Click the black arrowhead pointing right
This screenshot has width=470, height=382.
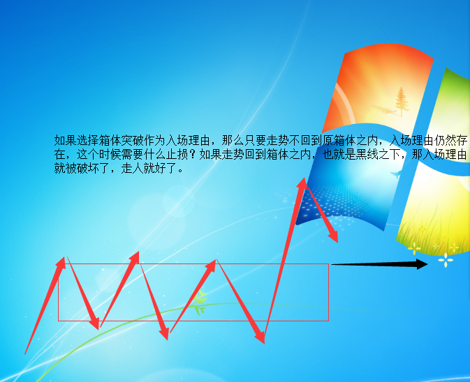[x=422, y=264]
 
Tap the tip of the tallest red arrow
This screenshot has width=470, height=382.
[x=304, y=178]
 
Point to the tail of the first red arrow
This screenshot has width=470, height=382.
[x=25, y=354]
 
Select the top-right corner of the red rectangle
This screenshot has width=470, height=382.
[x=329, y=263]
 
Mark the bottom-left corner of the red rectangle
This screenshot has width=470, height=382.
[x=58, y=321]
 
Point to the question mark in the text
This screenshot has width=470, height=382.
[x=193, y=154]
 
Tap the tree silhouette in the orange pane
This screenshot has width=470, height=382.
[x=402, y=102]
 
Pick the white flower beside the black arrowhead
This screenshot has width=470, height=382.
[x=446, y=260]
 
